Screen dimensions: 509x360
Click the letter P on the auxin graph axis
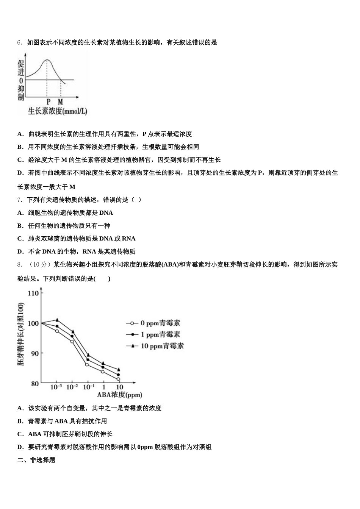point(49,102)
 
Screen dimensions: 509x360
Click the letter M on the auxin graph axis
point(61,102)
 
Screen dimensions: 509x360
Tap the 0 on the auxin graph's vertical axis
point(21,80)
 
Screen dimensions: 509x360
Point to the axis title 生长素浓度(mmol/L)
point(58,111)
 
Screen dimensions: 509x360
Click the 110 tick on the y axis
point(33,293)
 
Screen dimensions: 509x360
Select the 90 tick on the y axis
point(34,353)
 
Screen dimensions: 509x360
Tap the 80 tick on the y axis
point(34,384)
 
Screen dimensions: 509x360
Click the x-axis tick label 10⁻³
point(56,387)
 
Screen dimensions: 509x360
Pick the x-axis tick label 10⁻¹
point(89,387)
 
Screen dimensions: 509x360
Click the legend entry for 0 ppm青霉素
point(153,323)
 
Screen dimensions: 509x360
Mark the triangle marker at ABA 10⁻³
point(57,320)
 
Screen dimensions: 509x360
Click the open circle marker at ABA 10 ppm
point(119,379)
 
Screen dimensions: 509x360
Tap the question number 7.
point(19,200)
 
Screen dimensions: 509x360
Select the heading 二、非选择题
point(36,460)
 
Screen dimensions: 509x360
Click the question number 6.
point(19,42)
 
